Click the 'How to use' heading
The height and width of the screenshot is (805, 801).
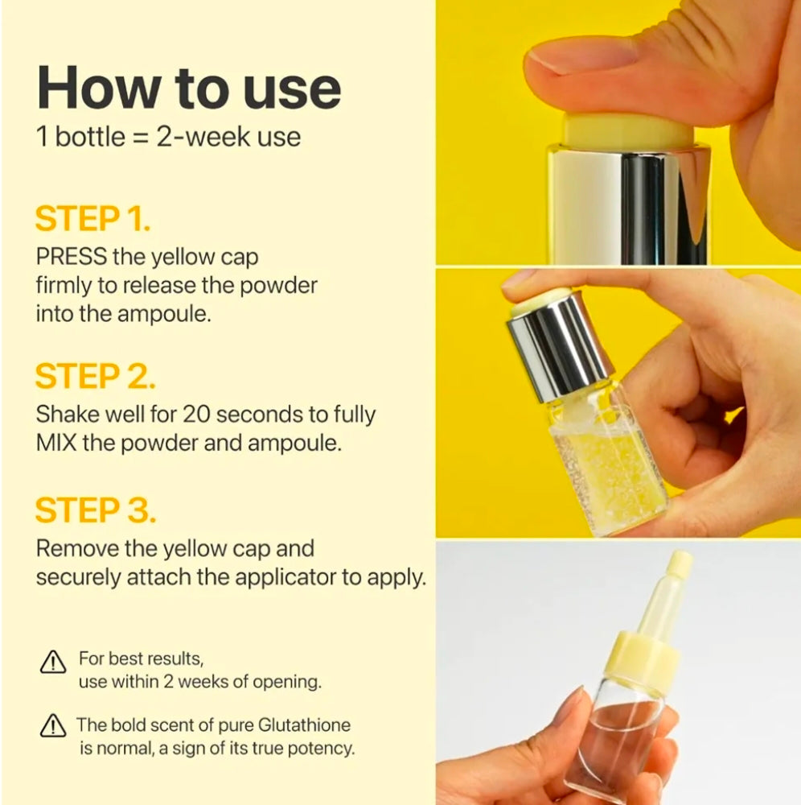189,88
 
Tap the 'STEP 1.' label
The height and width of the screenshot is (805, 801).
92,219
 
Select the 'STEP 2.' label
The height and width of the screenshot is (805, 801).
96,376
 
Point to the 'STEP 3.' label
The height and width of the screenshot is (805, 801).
96,510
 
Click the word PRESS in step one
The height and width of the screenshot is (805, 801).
72,256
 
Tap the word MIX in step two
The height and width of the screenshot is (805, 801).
56,443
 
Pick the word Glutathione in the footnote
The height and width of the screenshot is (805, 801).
304,725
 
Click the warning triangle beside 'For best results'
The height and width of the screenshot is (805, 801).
53,662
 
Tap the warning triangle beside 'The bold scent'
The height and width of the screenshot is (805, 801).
53,725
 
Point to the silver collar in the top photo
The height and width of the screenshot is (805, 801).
629,204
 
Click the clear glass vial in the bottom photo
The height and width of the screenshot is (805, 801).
622,739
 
